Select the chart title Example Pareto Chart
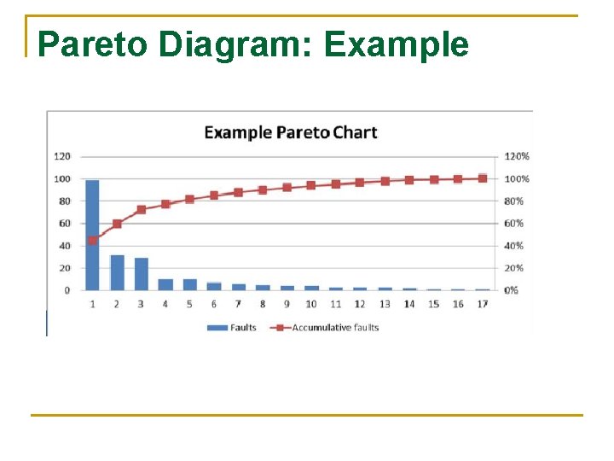coord(290,132)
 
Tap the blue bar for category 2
coord(117,272)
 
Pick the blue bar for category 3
coord(142,273)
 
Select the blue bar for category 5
coord(189,284)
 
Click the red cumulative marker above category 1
coord(92,240)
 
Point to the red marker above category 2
coord(117,224)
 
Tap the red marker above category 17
coord(483,178)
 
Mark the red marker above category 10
coord(311,185)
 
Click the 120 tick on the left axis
coord(62,156)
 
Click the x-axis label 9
coord(287,304)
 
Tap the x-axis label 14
coord(409,304)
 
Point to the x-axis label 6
coord(214,304)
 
